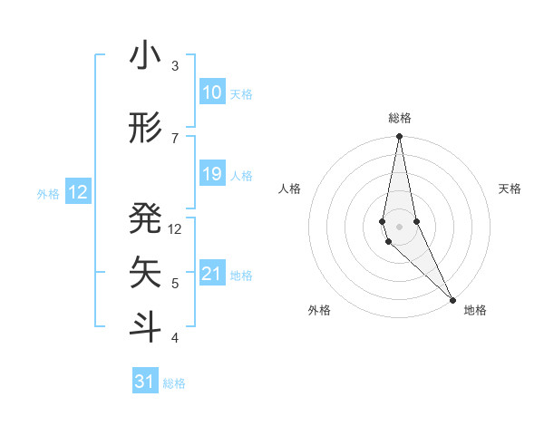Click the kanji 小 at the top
(145, 56)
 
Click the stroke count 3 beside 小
(175, 66)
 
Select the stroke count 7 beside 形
(175, 138)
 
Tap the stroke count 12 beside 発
(175, 229)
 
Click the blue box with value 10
(211, 92)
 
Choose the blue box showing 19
(211, 174)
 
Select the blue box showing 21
(211, 274)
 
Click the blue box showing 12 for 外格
(77, 192)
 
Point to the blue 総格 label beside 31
(174, 383)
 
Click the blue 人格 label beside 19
(241, 175)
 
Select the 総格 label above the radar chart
(400, 118)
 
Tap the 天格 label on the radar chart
(510, 189)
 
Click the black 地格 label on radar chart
(475, 310)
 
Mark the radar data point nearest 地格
(452, 298)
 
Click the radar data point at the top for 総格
(399, 136)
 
